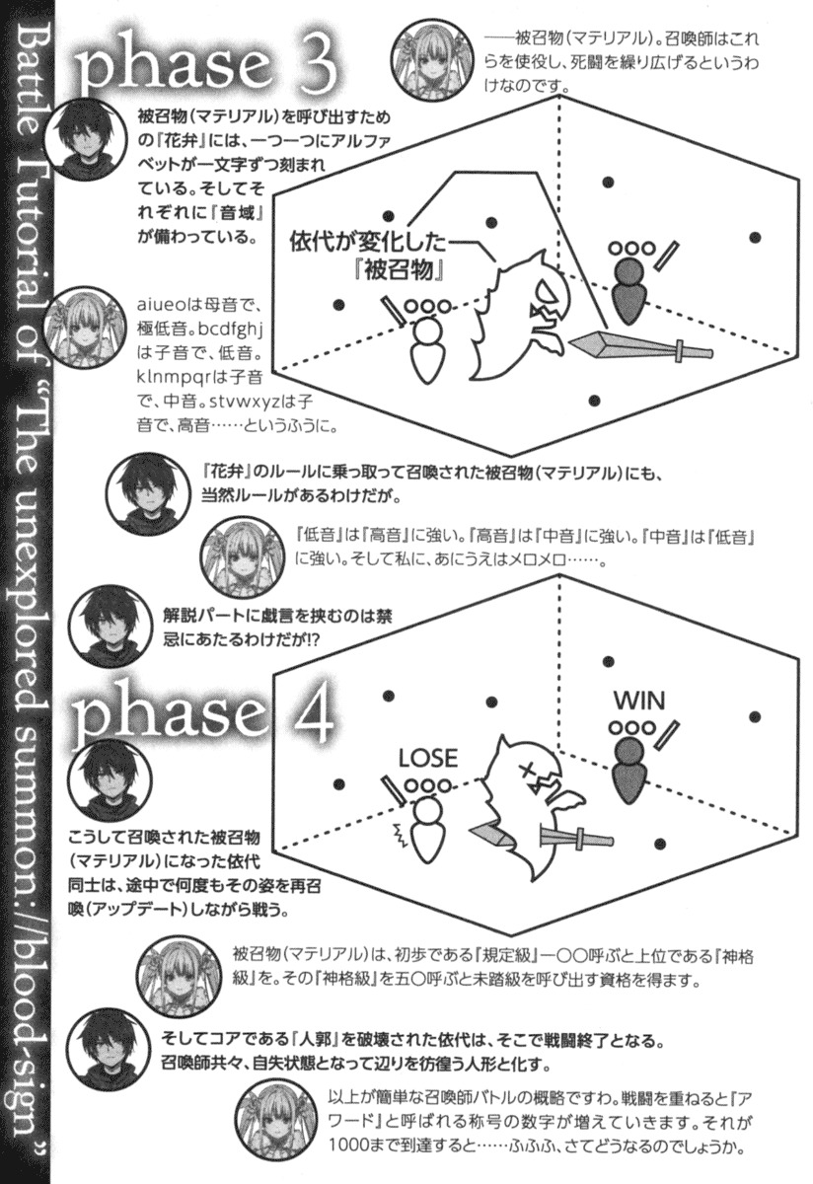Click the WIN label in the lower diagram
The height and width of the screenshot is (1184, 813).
click(639, 702)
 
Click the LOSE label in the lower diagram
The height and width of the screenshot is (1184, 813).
click(427, 759)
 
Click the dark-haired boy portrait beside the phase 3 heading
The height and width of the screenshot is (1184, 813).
click(84, 140)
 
